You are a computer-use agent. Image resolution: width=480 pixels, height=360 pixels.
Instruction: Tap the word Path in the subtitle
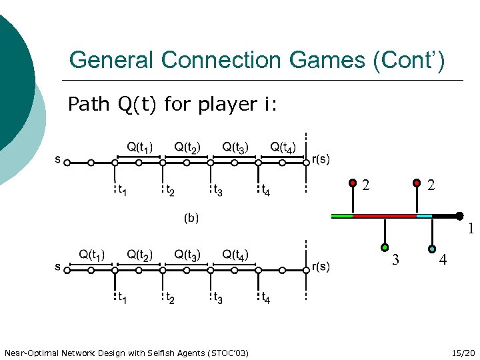click(x=88, y=105)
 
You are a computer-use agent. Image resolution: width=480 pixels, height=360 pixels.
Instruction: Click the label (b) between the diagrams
click(x=191, y=217)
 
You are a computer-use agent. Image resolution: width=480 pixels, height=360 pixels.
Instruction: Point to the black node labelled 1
click(x=459, y=216)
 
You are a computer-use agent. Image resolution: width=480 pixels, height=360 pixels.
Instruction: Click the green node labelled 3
click(x=385, y=248)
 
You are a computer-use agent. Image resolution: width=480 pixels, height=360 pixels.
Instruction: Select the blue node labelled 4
click(x=433, y=249)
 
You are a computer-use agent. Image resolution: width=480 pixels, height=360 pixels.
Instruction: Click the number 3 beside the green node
click(x=395, y=260)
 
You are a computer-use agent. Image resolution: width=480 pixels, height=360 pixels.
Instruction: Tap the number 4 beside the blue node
click(x=443, y=260)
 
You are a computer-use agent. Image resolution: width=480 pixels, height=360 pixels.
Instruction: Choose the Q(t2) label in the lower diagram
click(x=140, y=255)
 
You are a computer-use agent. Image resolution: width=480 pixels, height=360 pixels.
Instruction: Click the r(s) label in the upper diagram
click(x=321, y=159)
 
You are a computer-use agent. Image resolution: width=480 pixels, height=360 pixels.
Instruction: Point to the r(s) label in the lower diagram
click(x=321, y=267)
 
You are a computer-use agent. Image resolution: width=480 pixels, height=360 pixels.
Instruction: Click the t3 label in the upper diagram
click(x=217, y=192)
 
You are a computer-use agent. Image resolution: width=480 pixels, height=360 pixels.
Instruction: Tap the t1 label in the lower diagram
click(x=121, y=299)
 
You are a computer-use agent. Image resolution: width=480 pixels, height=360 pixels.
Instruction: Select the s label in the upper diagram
click(x=58, y=159)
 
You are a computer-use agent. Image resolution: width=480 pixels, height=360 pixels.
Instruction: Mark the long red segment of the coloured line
click(x=384, y=216)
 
